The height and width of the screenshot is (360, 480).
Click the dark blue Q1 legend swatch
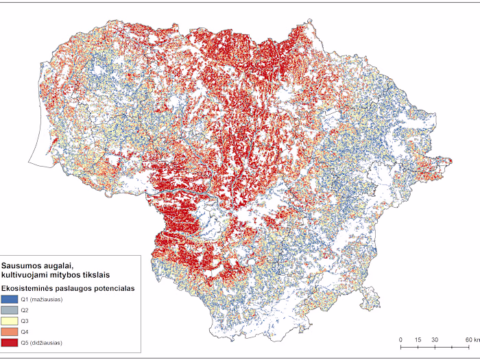pyautogui.click(x=10, y=300)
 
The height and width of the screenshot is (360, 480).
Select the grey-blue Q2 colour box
pyautogui.click(x=10, y=311)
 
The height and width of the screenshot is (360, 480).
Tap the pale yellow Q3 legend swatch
pyautogui.click(x=10, y=321)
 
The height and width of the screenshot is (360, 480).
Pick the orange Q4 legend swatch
pyautogui.click(x=10, y=332)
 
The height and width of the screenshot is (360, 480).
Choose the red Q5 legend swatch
pyautogui.click(x=10, y=342)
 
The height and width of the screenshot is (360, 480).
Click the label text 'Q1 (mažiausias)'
pyautogui.click(x=41, y=300)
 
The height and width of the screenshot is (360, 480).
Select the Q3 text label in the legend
pyautogui.click(x=24, y=321)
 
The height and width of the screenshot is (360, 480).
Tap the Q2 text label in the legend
pyautogui.click(x=24, y=311)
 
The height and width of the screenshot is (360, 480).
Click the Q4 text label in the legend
pyautogui.click(x=24, y=332)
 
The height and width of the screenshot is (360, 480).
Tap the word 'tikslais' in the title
pyautogui.click(x=86, y=274)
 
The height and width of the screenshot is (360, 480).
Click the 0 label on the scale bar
pyautogui.click(x=400, y=340)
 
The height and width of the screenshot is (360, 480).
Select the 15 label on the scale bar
pyautogui.click(x=417, y=340)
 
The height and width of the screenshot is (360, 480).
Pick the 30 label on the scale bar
pyautogui.click(x=435, y=340)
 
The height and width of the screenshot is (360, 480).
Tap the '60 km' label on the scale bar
pyautogui.click(x=471, y=340)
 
